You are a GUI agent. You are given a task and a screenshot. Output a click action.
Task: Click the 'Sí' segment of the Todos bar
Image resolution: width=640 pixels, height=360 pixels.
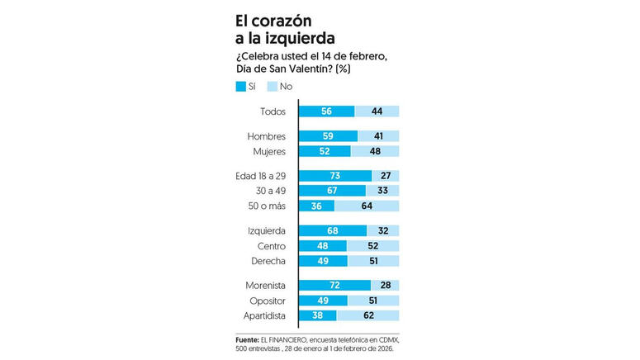(326, 111)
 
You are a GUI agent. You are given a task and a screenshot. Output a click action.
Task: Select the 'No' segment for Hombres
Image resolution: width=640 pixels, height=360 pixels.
(378, 136)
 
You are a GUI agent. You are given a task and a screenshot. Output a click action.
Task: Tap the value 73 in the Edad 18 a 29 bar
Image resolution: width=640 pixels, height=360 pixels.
(334, 176)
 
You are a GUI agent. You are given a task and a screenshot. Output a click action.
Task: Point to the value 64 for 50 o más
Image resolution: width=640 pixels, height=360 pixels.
(367, 206)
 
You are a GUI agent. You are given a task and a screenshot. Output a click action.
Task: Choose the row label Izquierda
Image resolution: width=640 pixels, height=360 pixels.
(266, 230)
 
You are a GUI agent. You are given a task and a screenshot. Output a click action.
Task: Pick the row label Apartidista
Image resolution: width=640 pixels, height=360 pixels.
(262, 315)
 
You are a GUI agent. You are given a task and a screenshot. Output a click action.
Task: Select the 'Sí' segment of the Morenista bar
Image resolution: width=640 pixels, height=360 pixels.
(334, 285)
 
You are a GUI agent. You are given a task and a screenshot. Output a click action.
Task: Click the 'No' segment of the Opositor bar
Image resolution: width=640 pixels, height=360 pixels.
(372, 300)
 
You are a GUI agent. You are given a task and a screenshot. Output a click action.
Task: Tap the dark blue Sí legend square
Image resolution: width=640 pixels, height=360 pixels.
(241, 86)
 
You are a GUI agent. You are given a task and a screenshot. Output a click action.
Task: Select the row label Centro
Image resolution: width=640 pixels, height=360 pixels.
(272, 246)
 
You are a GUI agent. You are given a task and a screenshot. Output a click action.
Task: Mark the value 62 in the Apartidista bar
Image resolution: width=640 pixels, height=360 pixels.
(368, 315)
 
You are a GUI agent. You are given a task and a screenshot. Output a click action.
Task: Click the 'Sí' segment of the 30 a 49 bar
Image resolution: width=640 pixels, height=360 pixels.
(332, 191)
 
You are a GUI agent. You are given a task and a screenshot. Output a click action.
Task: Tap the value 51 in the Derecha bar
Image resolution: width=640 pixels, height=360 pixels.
(373, 261)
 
